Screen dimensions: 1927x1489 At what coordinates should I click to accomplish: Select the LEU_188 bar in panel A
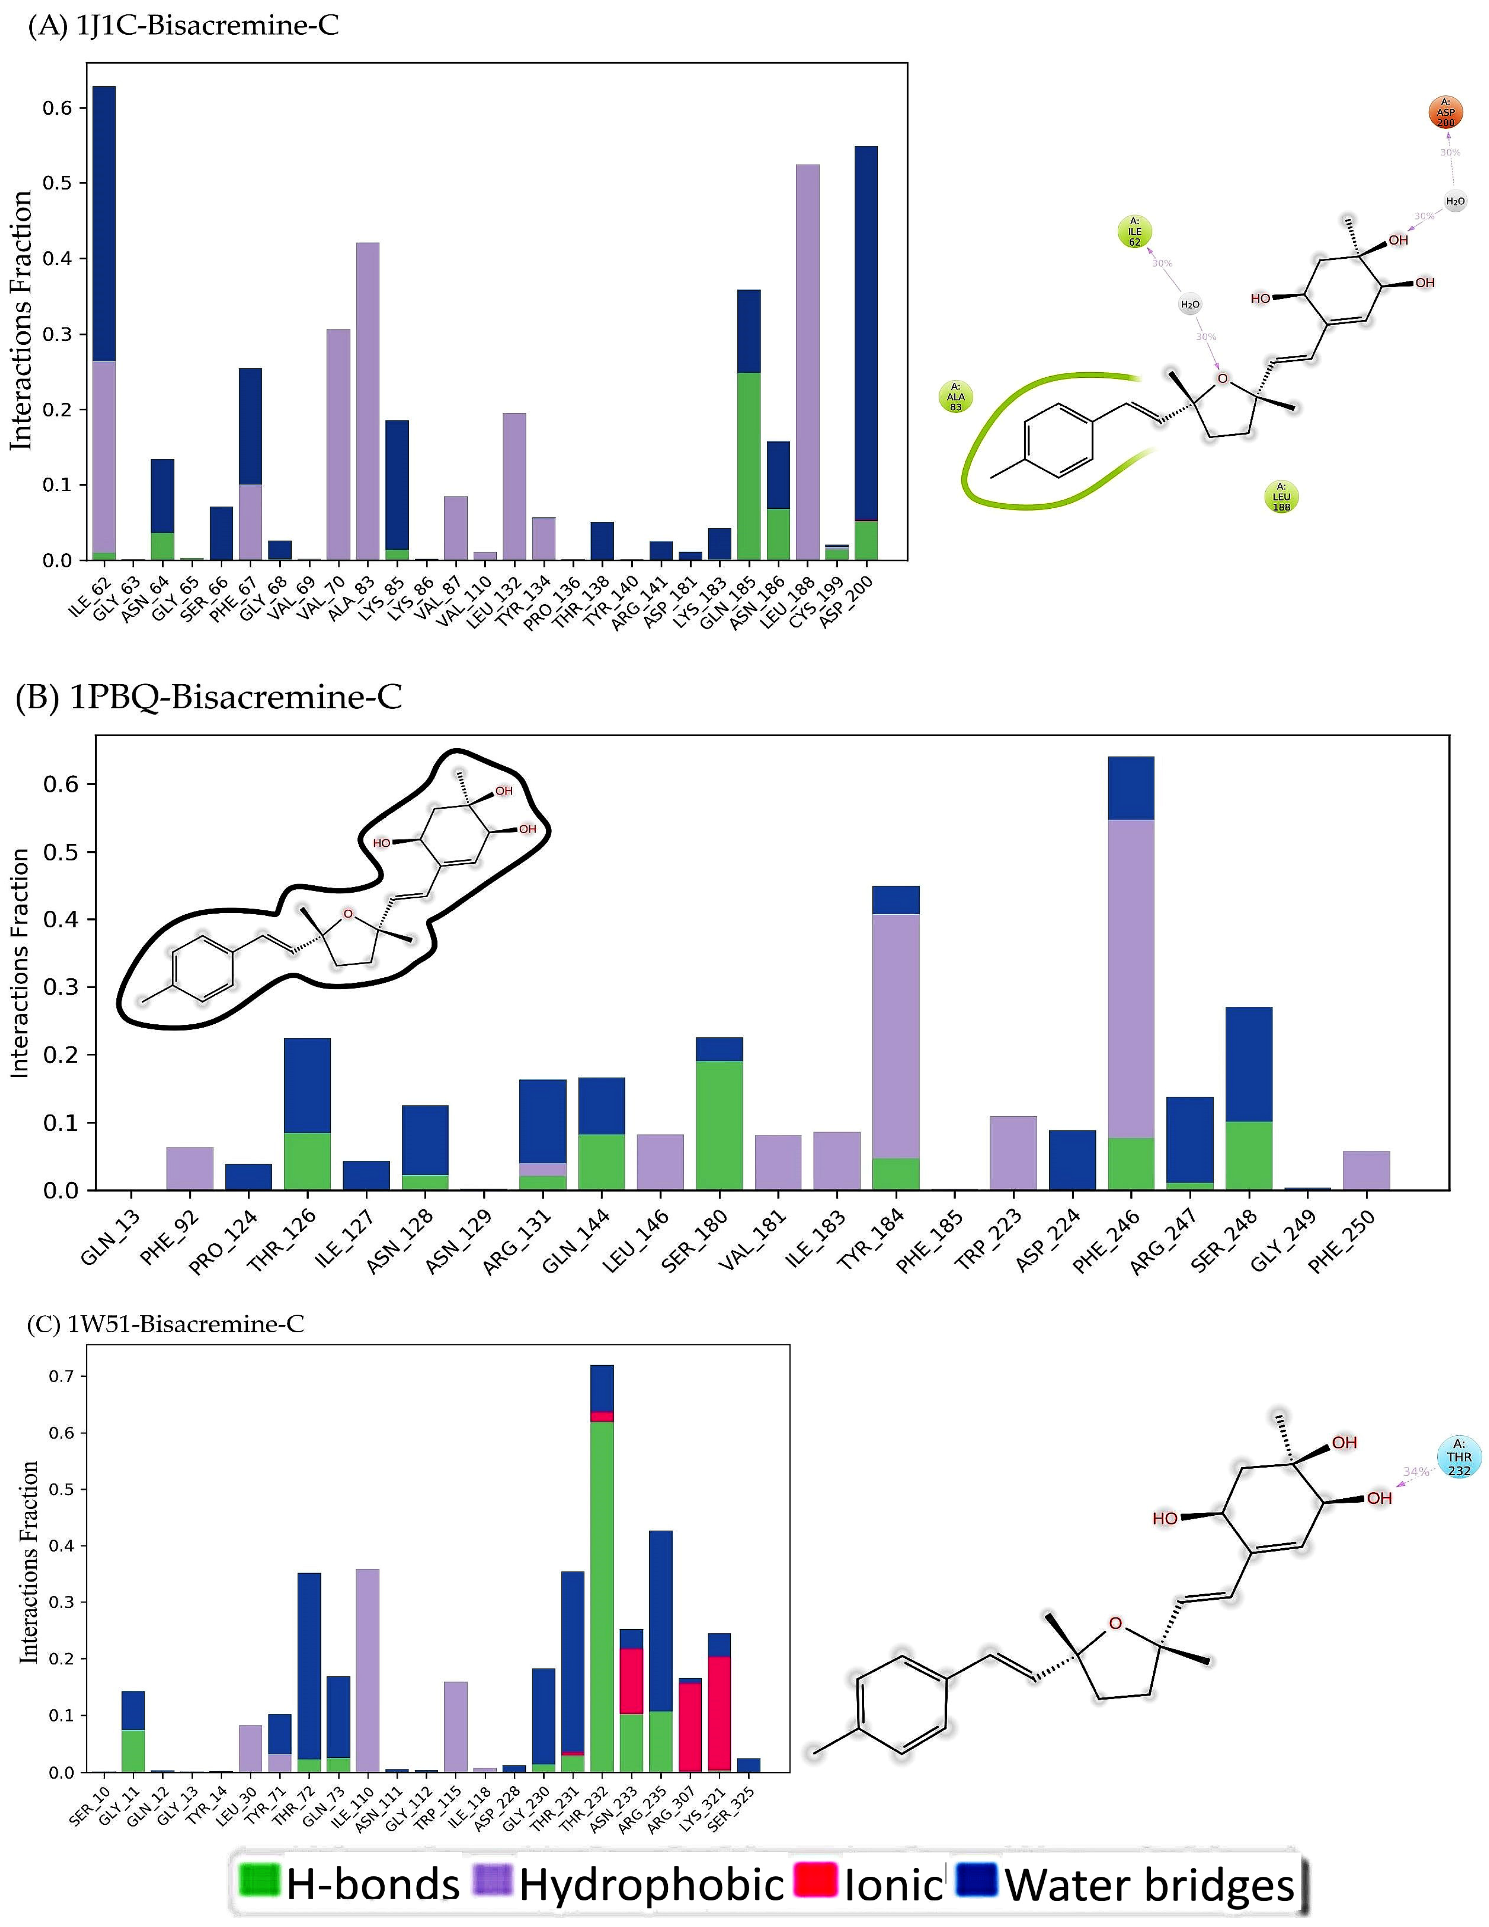coord(807,362)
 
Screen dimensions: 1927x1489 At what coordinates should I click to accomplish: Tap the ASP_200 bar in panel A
coord(866,353)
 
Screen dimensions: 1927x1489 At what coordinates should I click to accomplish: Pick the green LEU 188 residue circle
coord(1281,497)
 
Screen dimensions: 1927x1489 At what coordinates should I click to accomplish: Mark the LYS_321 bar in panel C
coord(719,1703)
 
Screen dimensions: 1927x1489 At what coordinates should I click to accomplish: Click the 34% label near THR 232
coord(1415,1472)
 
